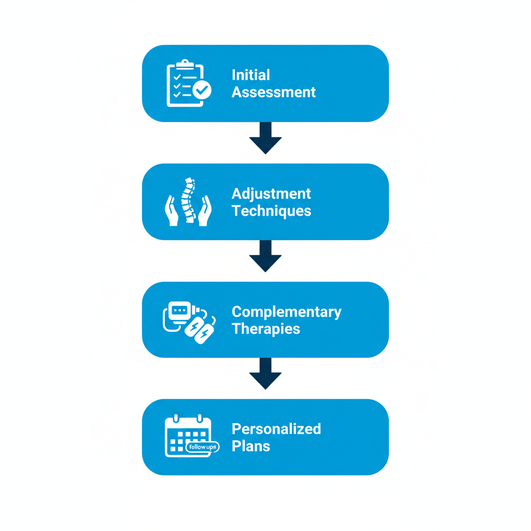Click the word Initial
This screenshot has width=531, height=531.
click(251, 75)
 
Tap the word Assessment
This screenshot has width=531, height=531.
click(273, 92)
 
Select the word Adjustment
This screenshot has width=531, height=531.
click(271, 194)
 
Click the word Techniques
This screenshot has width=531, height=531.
click(271, 211)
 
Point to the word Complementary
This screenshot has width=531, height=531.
click(286, 312)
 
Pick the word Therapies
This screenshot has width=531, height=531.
click(265, 329)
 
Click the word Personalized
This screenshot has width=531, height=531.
click(276, 429)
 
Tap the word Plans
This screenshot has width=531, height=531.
click(251, 446)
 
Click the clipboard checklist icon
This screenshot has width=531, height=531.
click(184, 83)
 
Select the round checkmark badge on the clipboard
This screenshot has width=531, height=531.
click(202, 90)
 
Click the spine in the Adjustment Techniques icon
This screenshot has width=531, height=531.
click(188, 201)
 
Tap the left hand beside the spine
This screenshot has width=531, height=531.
click(171, 211)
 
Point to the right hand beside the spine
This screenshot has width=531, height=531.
click(205, 211)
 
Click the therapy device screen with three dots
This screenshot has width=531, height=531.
click(179, 310)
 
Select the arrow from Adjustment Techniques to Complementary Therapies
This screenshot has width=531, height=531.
click(265, 256)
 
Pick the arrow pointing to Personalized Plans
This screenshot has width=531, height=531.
click(265, 373)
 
